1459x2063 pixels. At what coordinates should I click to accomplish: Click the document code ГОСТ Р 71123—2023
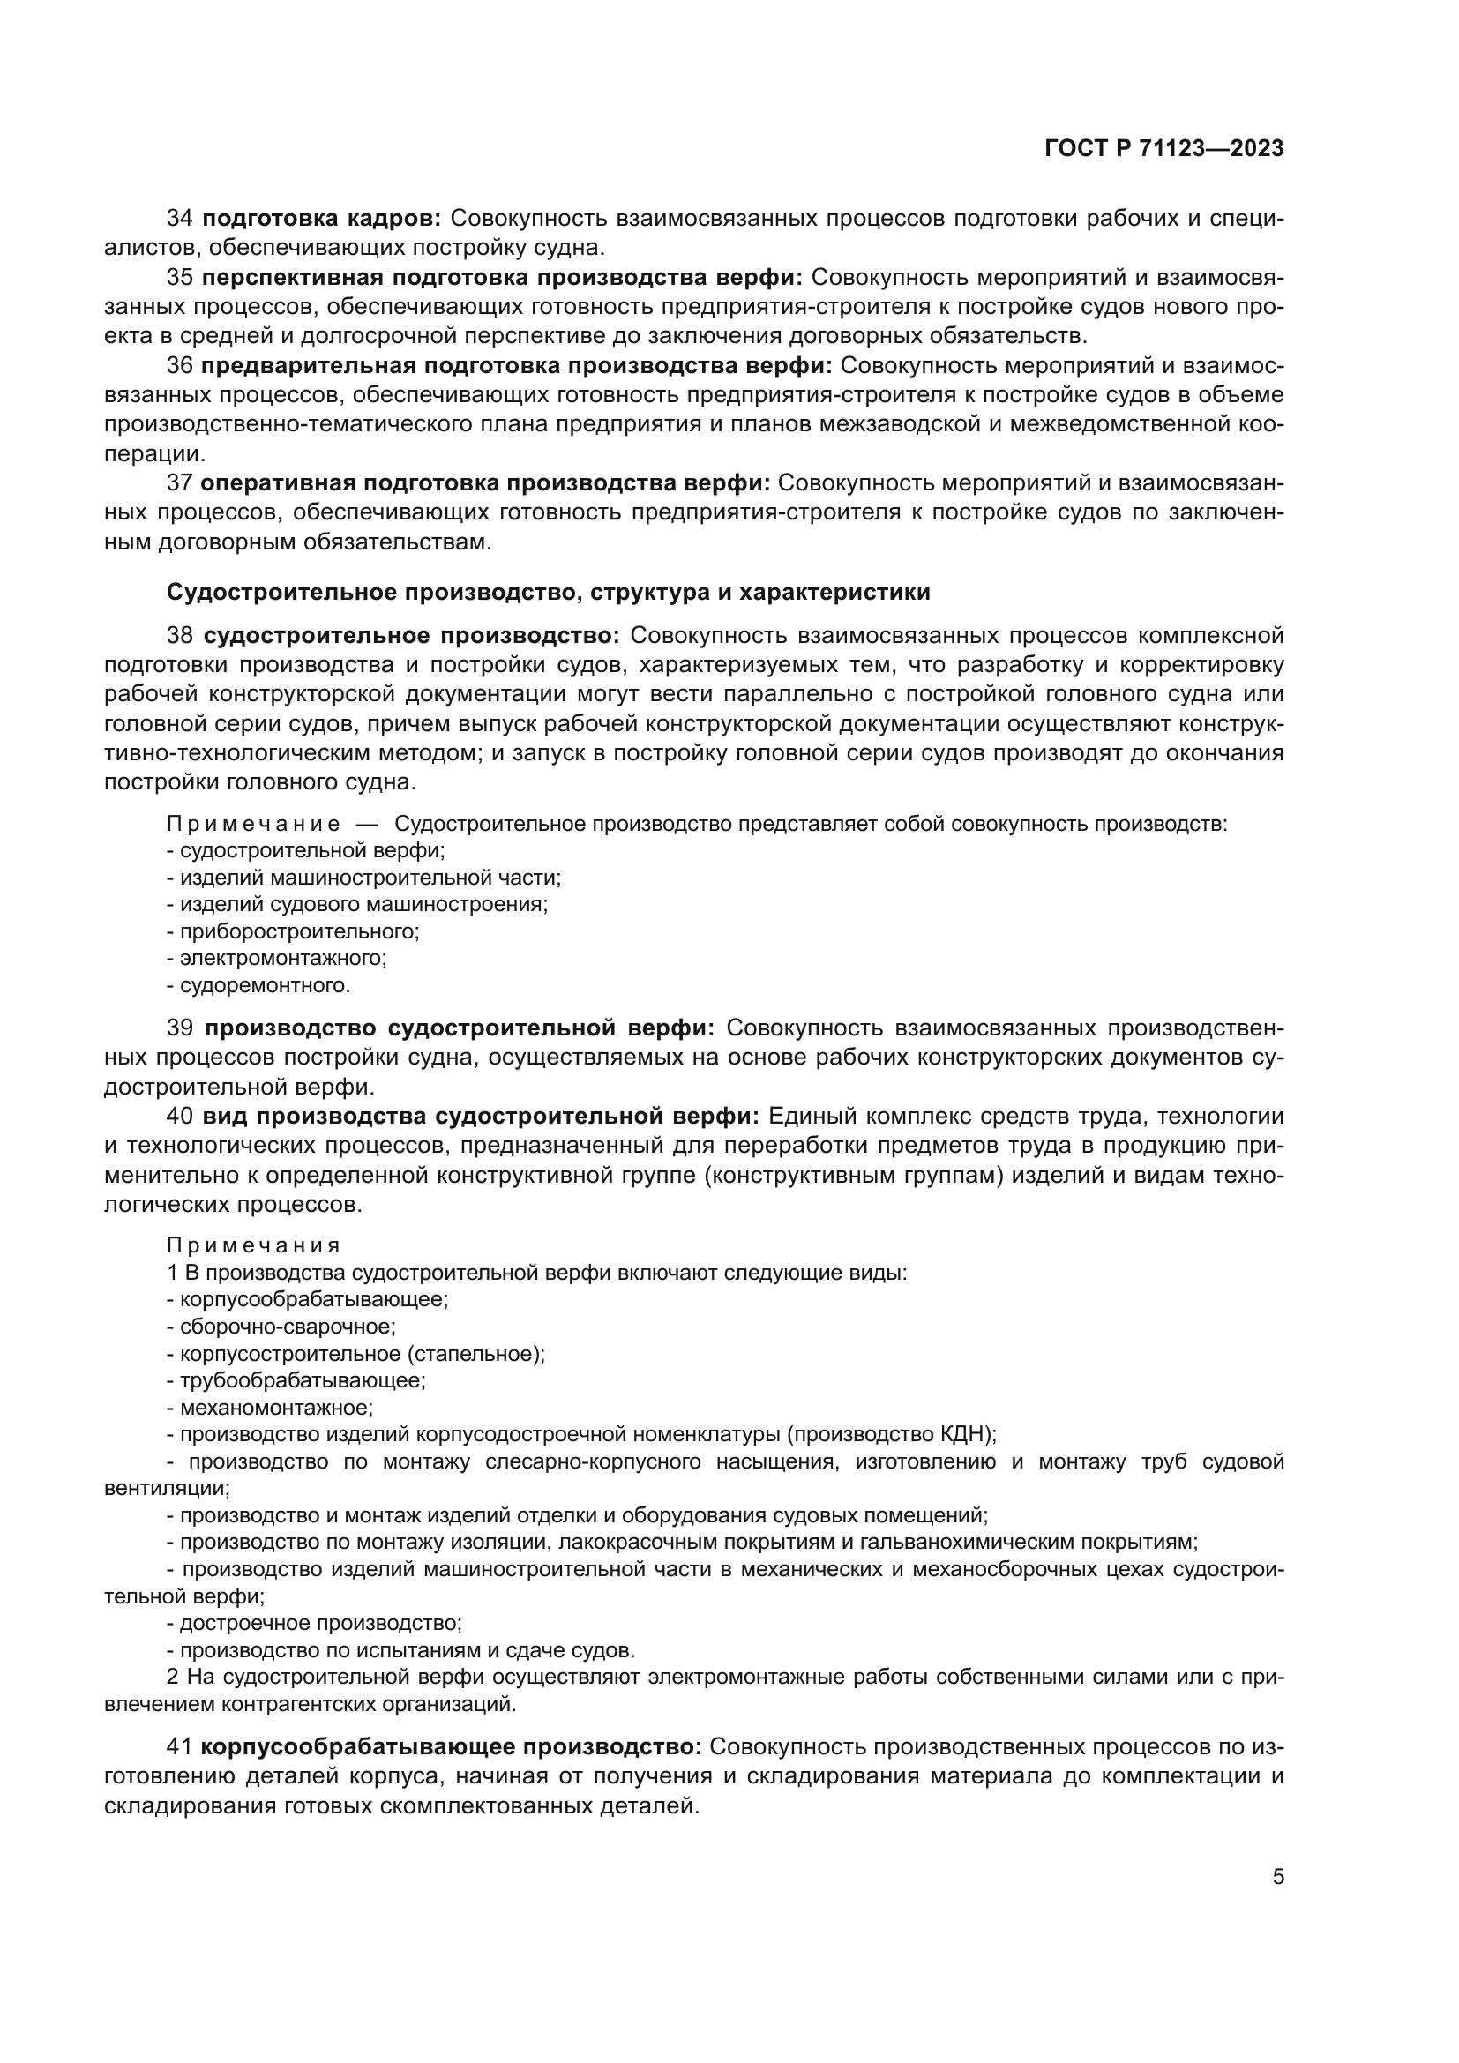pos(1163,149)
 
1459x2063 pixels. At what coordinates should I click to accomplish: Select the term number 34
pos(180,219)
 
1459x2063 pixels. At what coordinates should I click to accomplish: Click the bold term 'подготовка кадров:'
pos(322,219)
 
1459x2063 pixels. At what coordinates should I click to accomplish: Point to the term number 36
pos(180,366)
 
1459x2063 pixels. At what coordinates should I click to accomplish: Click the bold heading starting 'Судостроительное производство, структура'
pos(548,592)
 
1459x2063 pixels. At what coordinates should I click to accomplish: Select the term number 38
pos(180,636)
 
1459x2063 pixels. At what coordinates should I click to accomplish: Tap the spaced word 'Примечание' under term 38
pos(253,824)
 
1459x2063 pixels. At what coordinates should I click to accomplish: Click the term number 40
pos(180,1117)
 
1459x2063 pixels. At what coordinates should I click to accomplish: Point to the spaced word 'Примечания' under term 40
pos(253,1245)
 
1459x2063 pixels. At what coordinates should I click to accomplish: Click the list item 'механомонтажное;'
pos(276,1407)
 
